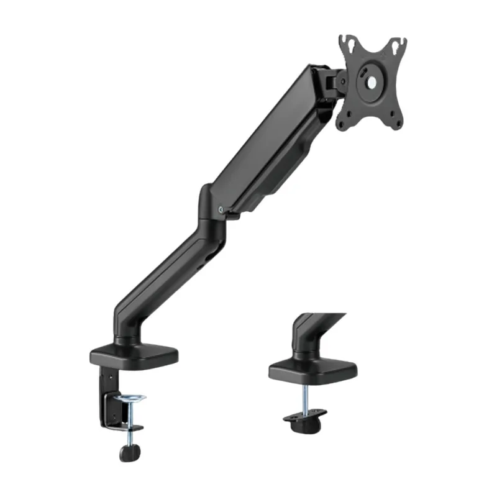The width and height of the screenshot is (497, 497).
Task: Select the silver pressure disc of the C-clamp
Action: coord(129,398)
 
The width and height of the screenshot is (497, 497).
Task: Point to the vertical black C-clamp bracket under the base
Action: coord(106,398)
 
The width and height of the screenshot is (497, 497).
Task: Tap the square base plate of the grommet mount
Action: coord(312,371)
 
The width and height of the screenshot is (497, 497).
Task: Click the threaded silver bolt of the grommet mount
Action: coord(307,399)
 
